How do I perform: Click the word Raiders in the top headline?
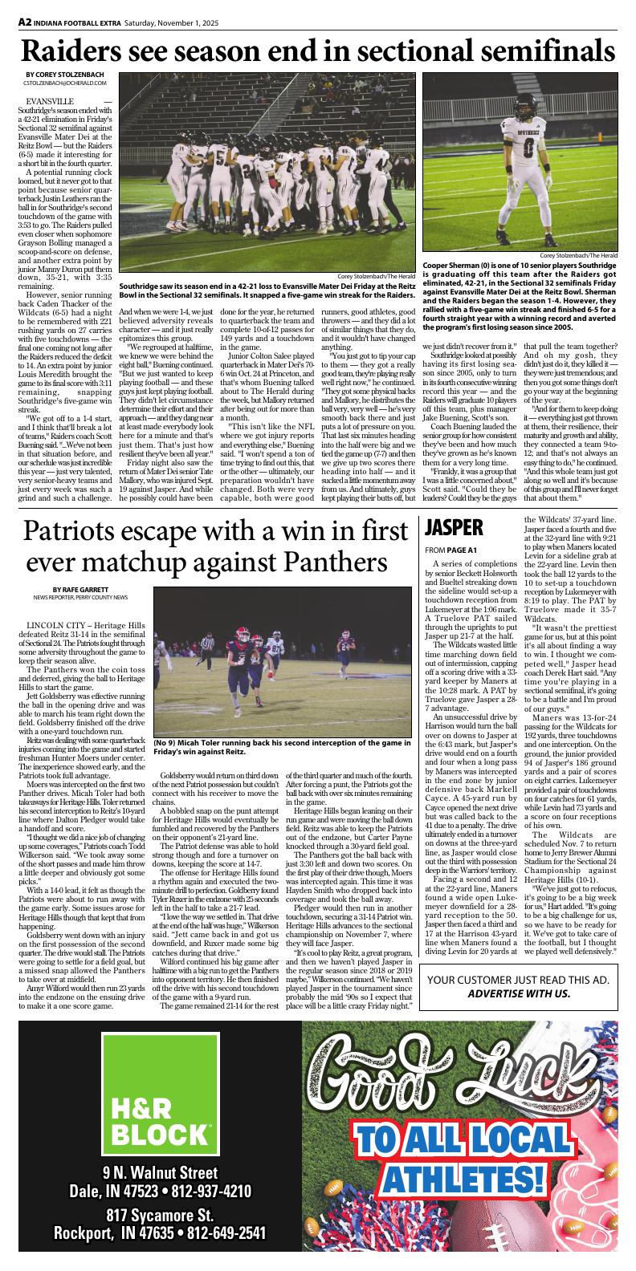pos(77,52)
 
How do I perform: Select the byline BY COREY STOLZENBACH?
pos(60,75)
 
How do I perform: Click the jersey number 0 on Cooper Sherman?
pos(528,148)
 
